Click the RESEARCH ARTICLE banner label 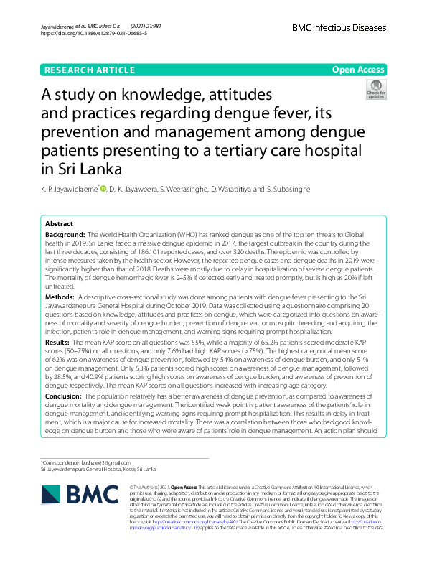pos(89,70)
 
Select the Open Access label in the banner pos(359,70)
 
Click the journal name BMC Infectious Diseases pos(339,28)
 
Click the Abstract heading pos(60,224)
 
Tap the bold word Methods pos(60,297)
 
